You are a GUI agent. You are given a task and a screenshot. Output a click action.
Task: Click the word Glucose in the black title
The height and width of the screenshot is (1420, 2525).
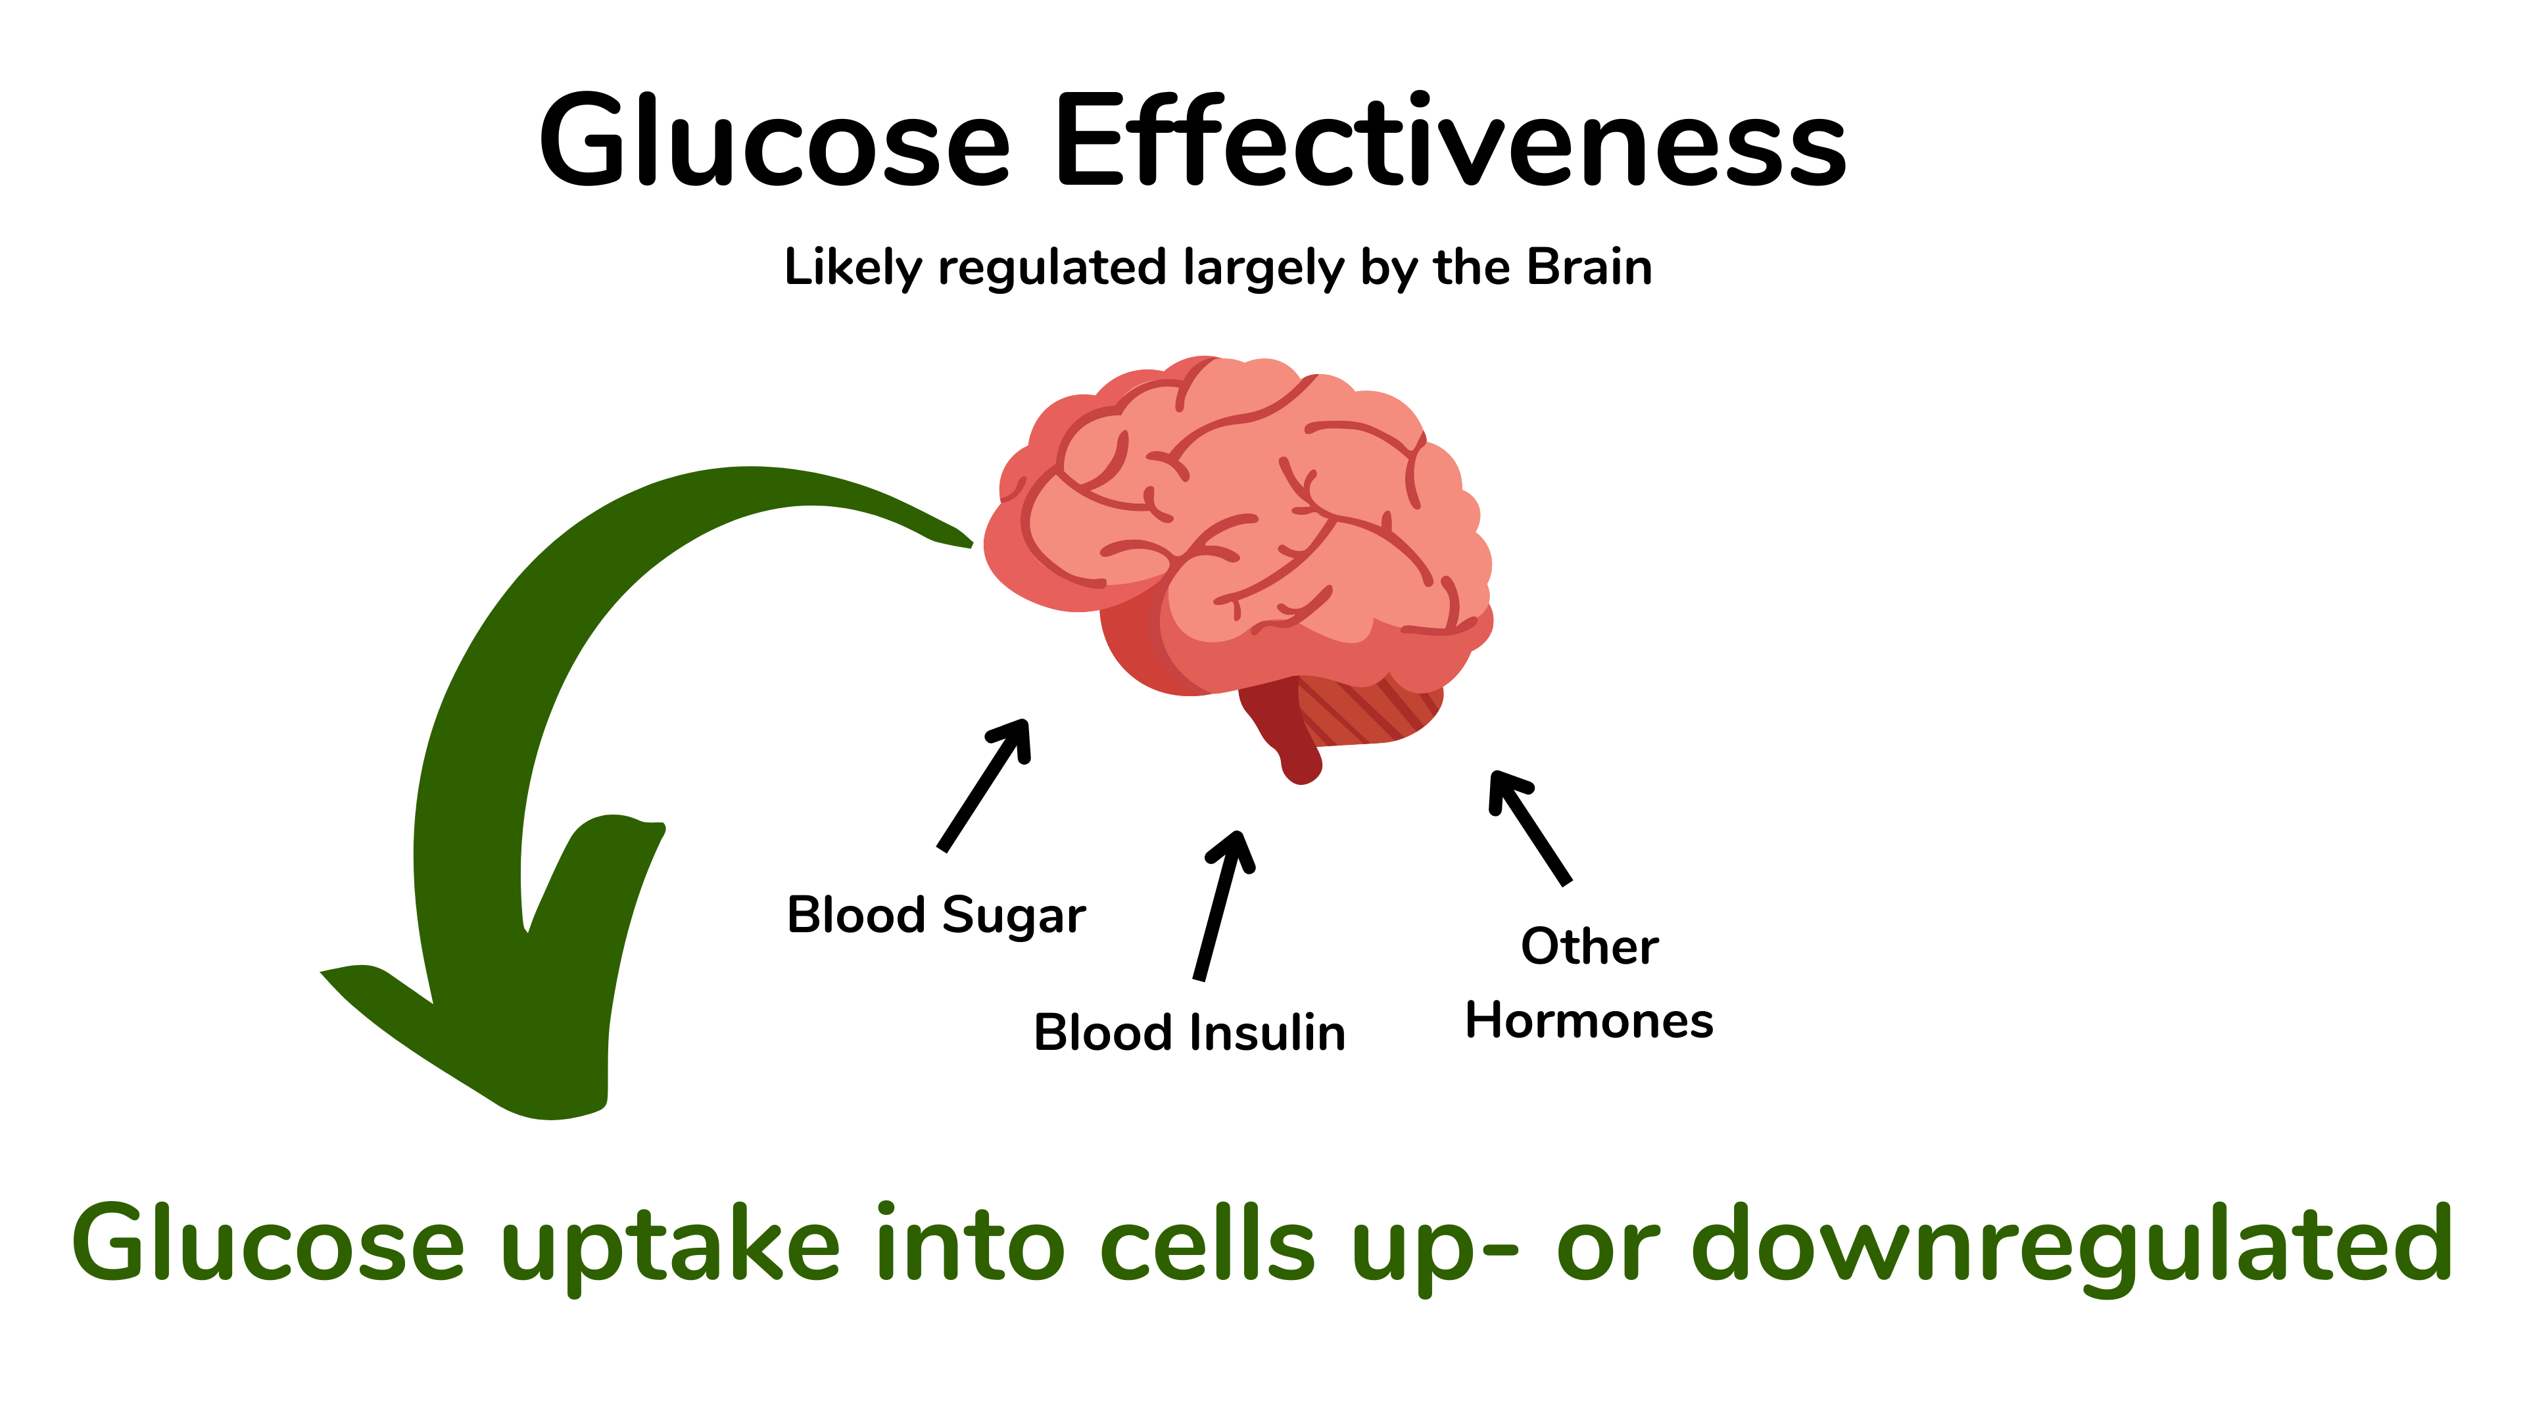coord(775,142)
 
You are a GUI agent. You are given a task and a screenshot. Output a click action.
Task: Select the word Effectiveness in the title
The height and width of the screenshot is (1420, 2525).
coord(1451,142)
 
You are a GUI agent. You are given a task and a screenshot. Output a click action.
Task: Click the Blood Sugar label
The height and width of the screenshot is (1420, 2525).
coord(936,915)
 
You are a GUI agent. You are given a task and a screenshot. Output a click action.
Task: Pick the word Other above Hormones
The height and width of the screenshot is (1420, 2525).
coord(1589,947)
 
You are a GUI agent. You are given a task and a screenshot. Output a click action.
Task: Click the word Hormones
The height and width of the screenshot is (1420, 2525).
coord(1589,1021)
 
